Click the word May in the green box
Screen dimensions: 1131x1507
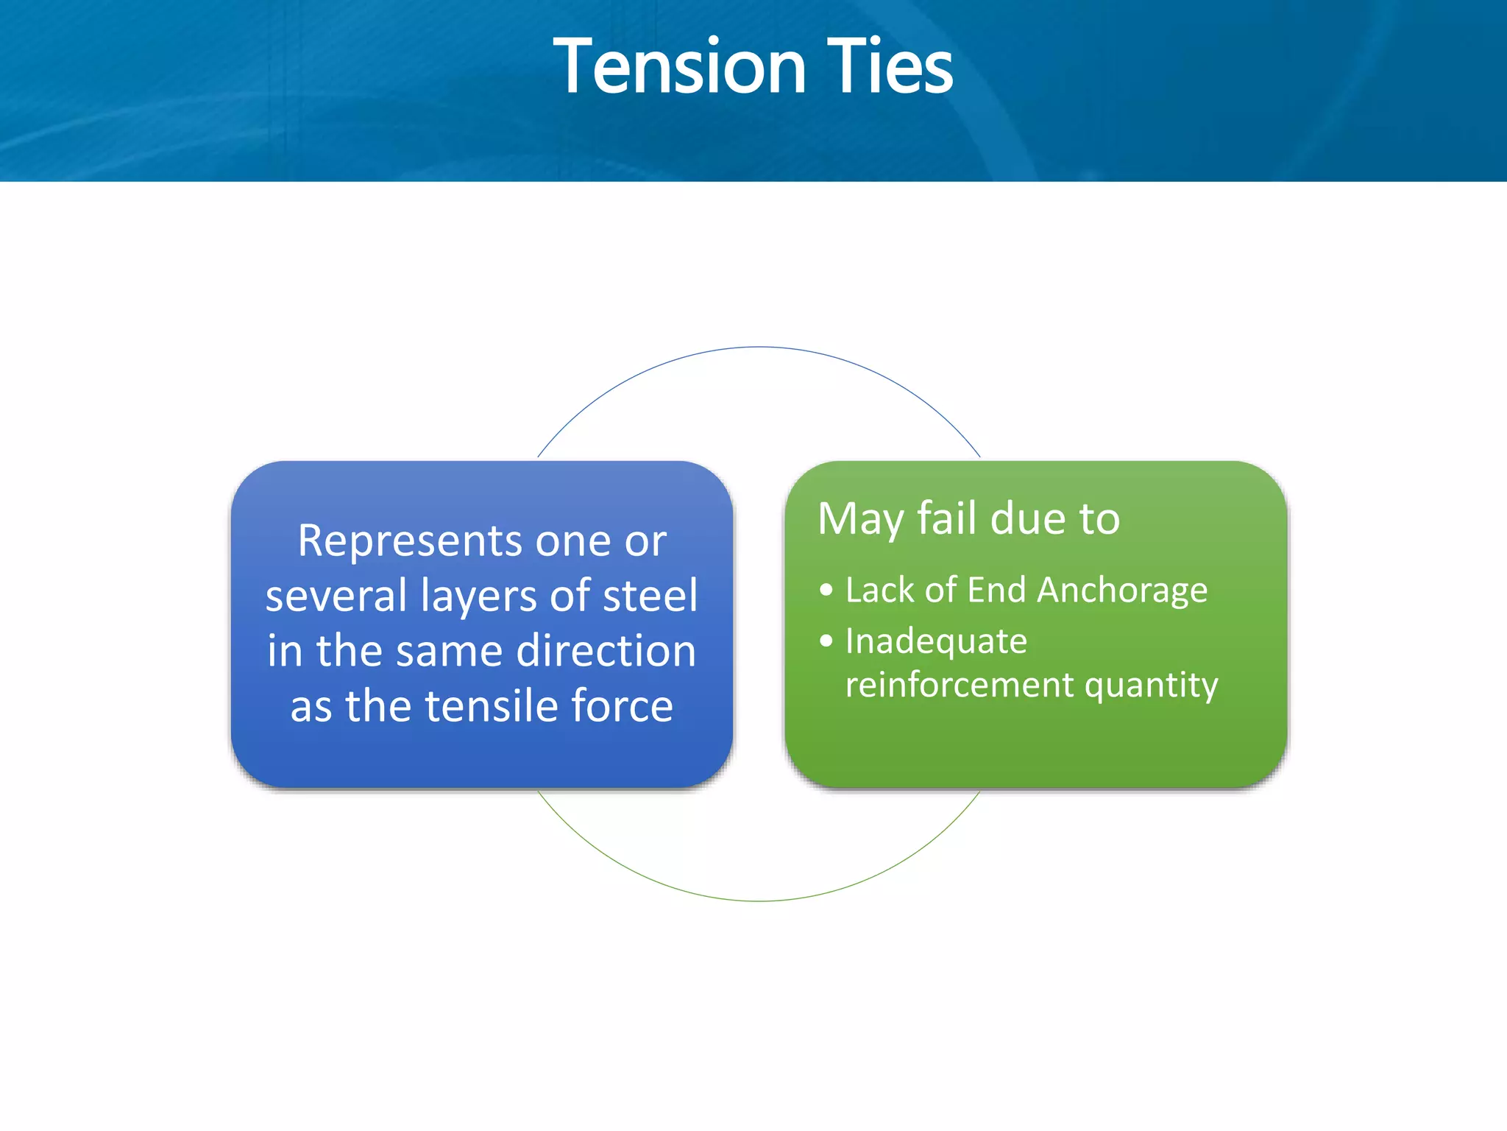pyautogui.click(x=860, y=519)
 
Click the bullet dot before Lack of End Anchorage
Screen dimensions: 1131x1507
pyautogui.click(x=826, y=590)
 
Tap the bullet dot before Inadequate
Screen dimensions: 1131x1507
pyautogui.click(x=826, y=641)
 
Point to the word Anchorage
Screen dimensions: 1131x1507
pyautogui.click(x=1122, y=591)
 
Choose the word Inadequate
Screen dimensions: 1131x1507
pyautogui.click(x=935, y=641)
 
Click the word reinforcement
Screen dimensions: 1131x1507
pyautogui.click(x=960, y=685)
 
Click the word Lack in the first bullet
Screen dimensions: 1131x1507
pyautogui.click(x=879, y=590)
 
